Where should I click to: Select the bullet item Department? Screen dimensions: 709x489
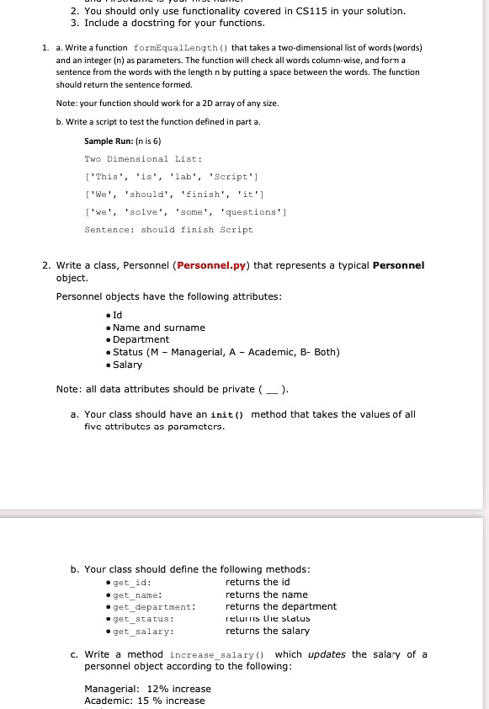[141, 339]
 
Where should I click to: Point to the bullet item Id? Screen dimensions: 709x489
[119, 315]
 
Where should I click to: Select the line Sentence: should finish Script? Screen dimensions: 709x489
[168, 229]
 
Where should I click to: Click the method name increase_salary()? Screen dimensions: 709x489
[217, 654]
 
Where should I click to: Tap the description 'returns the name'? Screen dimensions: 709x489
[267, 594]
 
